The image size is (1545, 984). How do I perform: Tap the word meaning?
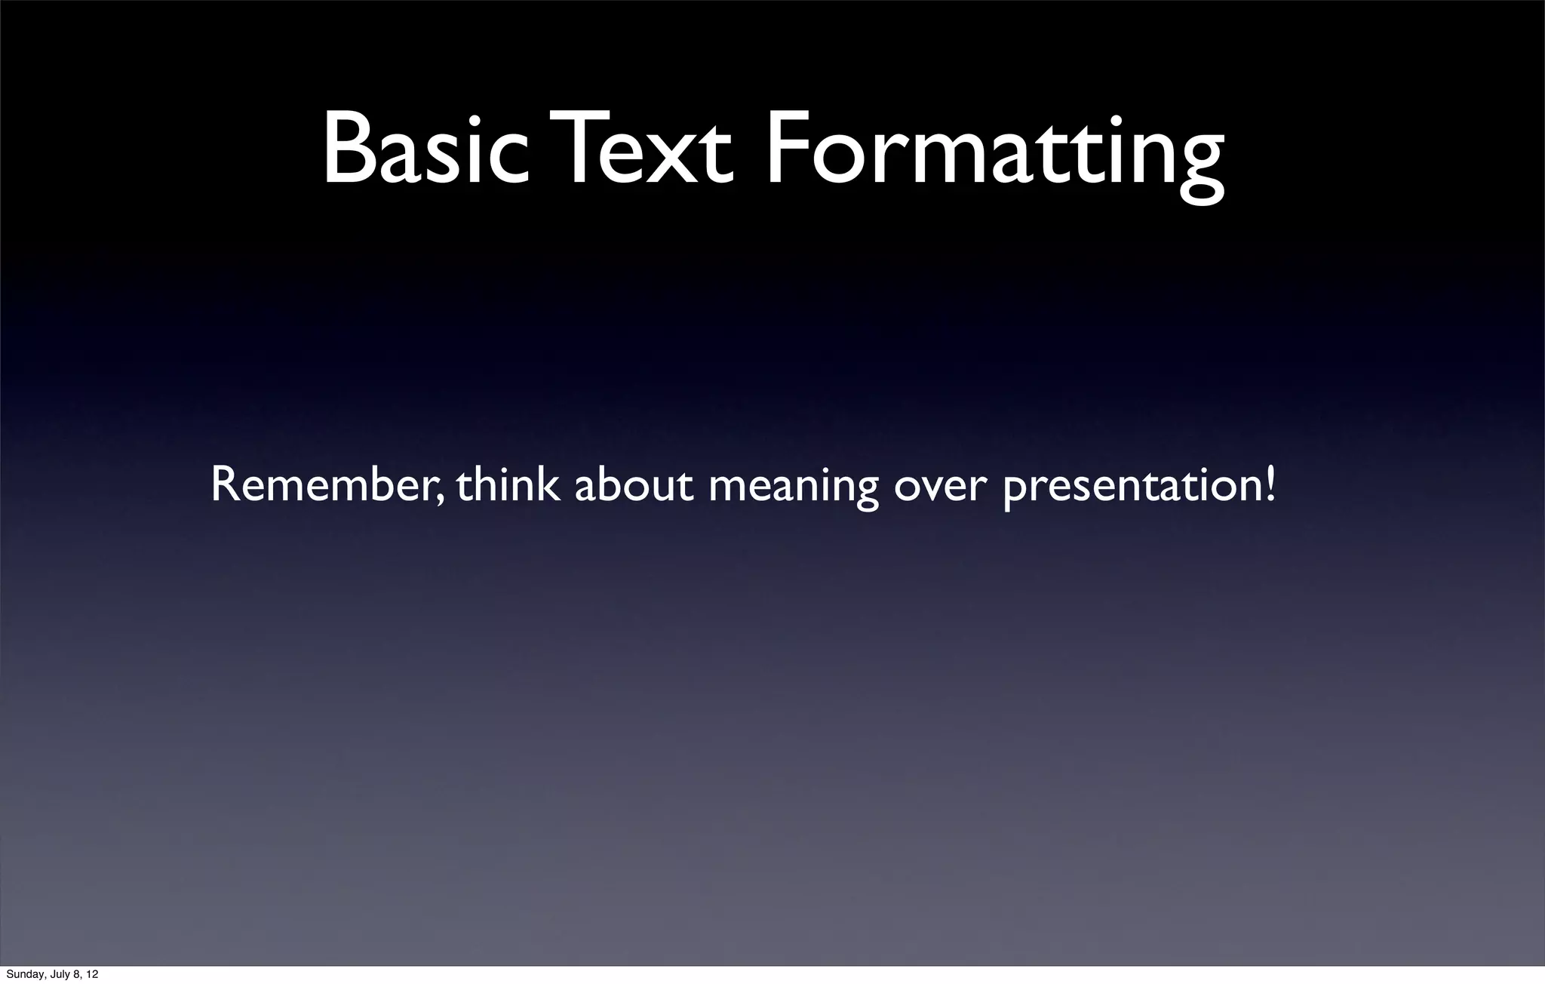pos(793,487)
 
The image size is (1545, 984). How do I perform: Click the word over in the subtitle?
pos(939,487)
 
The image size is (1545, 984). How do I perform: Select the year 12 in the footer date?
pos(91,975)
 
